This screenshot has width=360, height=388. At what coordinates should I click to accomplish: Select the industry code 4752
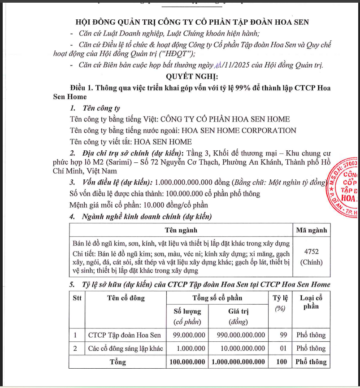click(311, 253)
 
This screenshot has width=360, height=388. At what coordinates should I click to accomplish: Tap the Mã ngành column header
click(311, 231)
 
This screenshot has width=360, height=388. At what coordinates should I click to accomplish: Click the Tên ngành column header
click(181, 231)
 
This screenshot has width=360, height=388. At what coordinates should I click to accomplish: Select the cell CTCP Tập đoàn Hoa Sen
click(124, 335)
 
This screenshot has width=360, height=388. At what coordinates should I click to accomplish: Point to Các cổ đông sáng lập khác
click(126, 349)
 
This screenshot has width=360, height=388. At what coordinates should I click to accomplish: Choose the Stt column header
click(77, 298)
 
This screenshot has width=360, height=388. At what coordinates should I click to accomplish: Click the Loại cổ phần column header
click(311, 302)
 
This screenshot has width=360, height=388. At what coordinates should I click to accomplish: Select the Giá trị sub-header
click(238, 311)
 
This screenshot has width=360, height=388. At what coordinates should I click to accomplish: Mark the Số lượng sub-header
click(187, 311)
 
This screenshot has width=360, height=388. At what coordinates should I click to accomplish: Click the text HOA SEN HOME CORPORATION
click(238, 131)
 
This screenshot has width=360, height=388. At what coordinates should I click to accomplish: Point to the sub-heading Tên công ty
click(101, 108)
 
